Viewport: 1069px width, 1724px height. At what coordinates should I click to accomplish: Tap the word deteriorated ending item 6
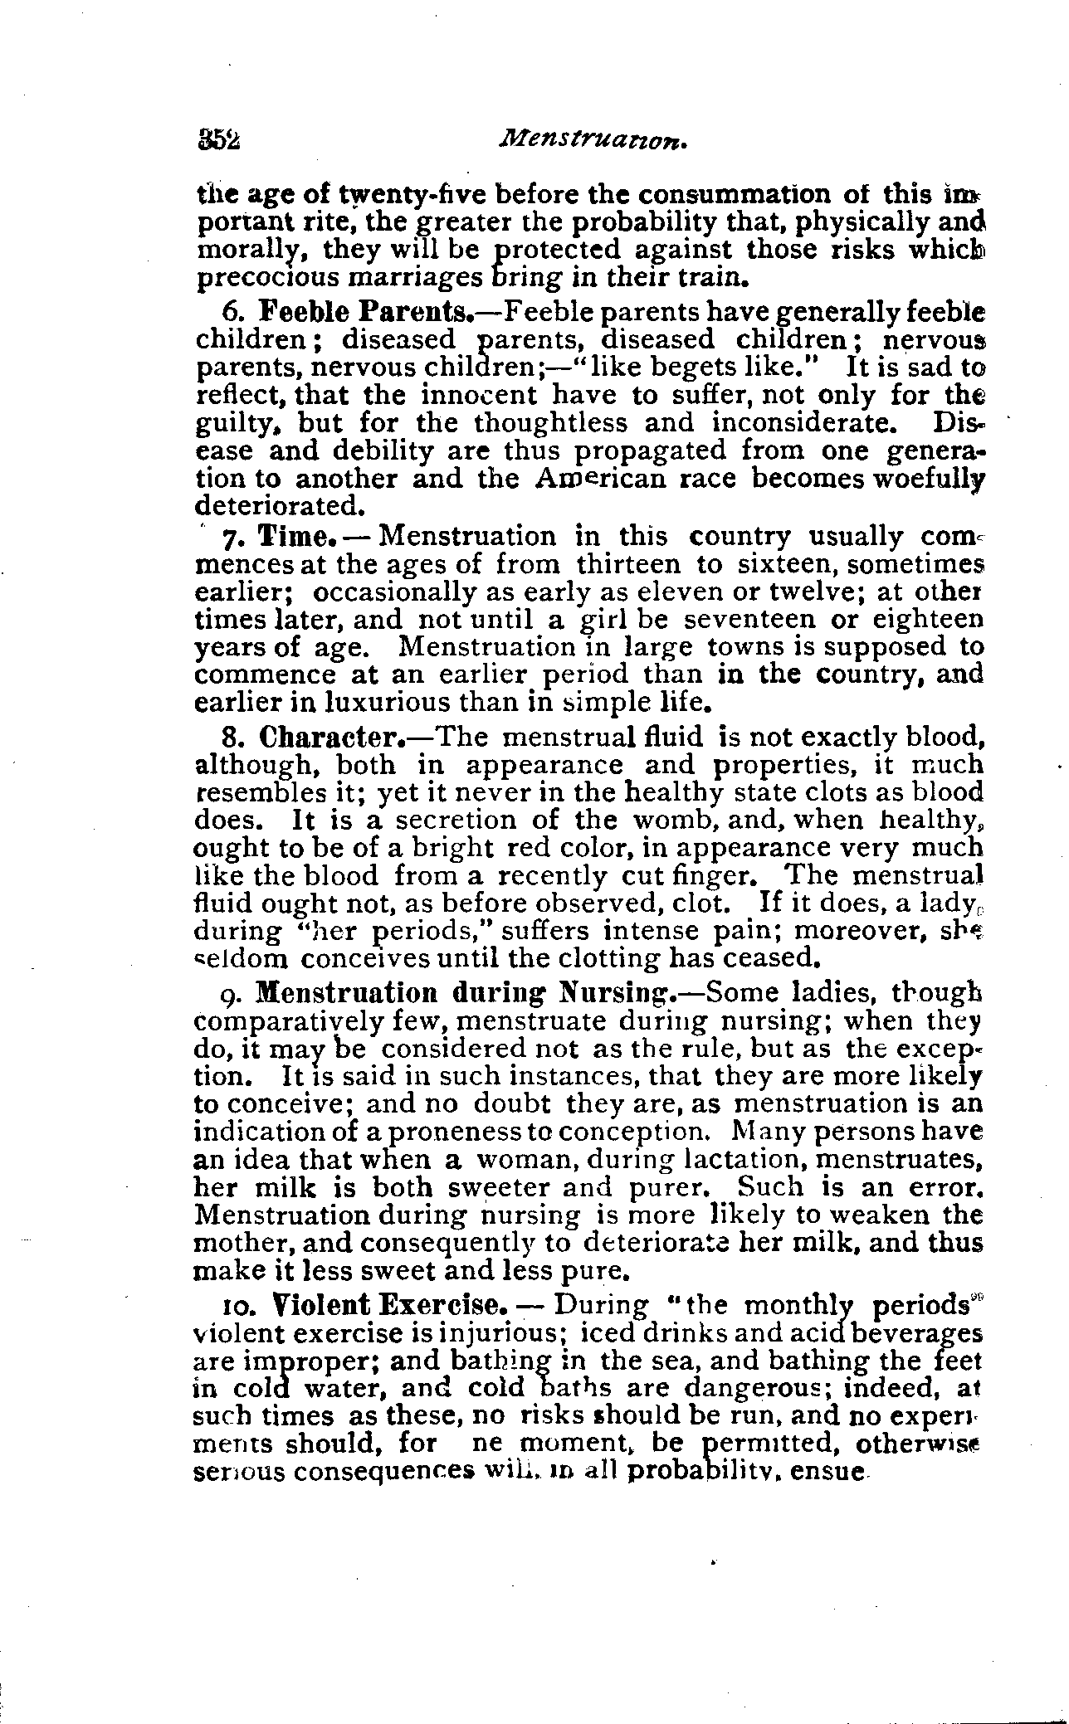click(x=279, y=505)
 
